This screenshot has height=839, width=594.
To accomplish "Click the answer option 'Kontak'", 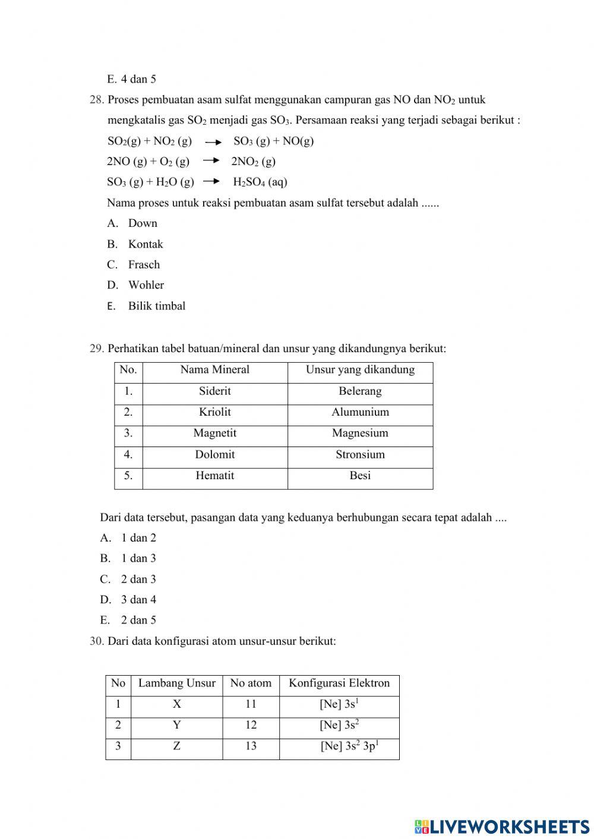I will pos(145,244).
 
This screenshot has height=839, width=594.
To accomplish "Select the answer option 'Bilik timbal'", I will pos(156,306).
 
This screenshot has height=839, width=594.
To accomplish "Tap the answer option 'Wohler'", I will pos(146,285).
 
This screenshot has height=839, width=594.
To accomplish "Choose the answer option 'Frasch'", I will pos(144,265).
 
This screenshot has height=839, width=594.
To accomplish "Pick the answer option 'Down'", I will pos(143,223).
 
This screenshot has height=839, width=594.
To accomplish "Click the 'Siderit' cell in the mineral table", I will pos(214,391).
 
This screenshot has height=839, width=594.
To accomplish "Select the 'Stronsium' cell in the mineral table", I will pos(360,455).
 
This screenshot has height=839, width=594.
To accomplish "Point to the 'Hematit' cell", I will pos(214,476).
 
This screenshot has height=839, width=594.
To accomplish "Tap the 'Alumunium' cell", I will pos(360,412).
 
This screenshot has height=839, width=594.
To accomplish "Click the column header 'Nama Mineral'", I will pos(214,370).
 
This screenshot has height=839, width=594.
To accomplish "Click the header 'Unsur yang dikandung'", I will pos(360,370).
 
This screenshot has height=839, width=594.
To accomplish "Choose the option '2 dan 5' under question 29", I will pos(138,620).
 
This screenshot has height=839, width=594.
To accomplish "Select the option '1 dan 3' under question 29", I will pos(138,558).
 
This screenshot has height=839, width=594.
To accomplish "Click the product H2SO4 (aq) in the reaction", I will pos(260,182).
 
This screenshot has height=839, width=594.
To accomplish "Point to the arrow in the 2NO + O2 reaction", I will pos(211,161).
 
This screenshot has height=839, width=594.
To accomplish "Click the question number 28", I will pos(97,100).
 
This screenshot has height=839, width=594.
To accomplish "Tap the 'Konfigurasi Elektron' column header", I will pos(339,683).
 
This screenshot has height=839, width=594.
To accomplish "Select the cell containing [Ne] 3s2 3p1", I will pos(349,746).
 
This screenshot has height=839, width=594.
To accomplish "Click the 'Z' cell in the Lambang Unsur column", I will pos(176,746).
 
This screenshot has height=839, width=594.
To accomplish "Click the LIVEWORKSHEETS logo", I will pos(502,826).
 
